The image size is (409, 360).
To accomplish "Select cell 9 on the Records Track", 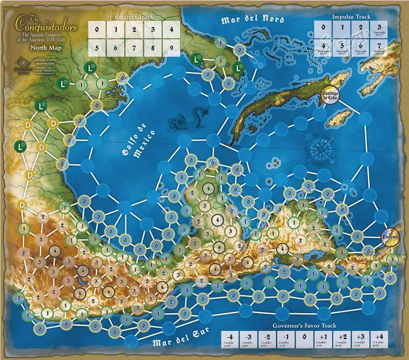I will [172, 46].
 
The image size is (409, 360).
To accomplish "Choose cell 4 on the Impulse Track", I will [324, 46].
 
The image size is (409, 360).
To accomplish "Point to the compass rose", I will [325, 146].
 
